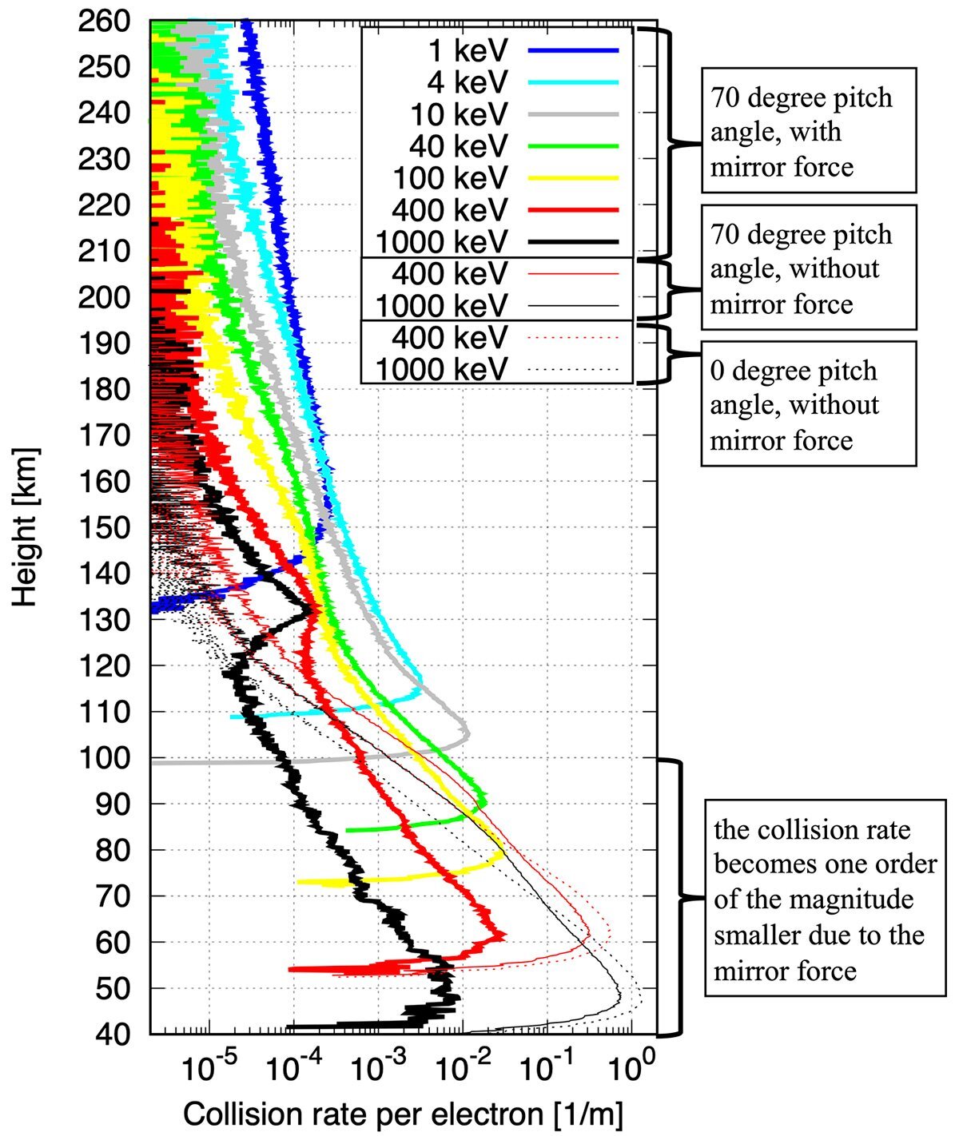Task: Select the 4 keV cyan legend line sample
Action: pyautogui.click(x=573, y=82)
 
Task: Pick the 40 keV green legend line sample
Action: pyautogui.click(x=573, y=146)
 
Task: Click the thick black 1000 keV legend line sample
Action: pyautogui.click(x=573, y=242)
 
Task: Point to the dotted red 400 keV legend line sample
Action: pyautogui.click(x=573, y=338)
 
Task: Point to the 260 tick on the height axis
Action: pyautogui.click(x=104, y=22)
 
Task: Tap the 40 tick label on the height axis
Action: pyautogui.click(x=113, y=1034)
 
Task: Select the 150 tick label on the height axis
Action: pyautogui.click(x=104, y=527)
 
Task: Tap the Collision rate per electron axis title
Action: pyautogui.click(x=404, y=1113)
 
